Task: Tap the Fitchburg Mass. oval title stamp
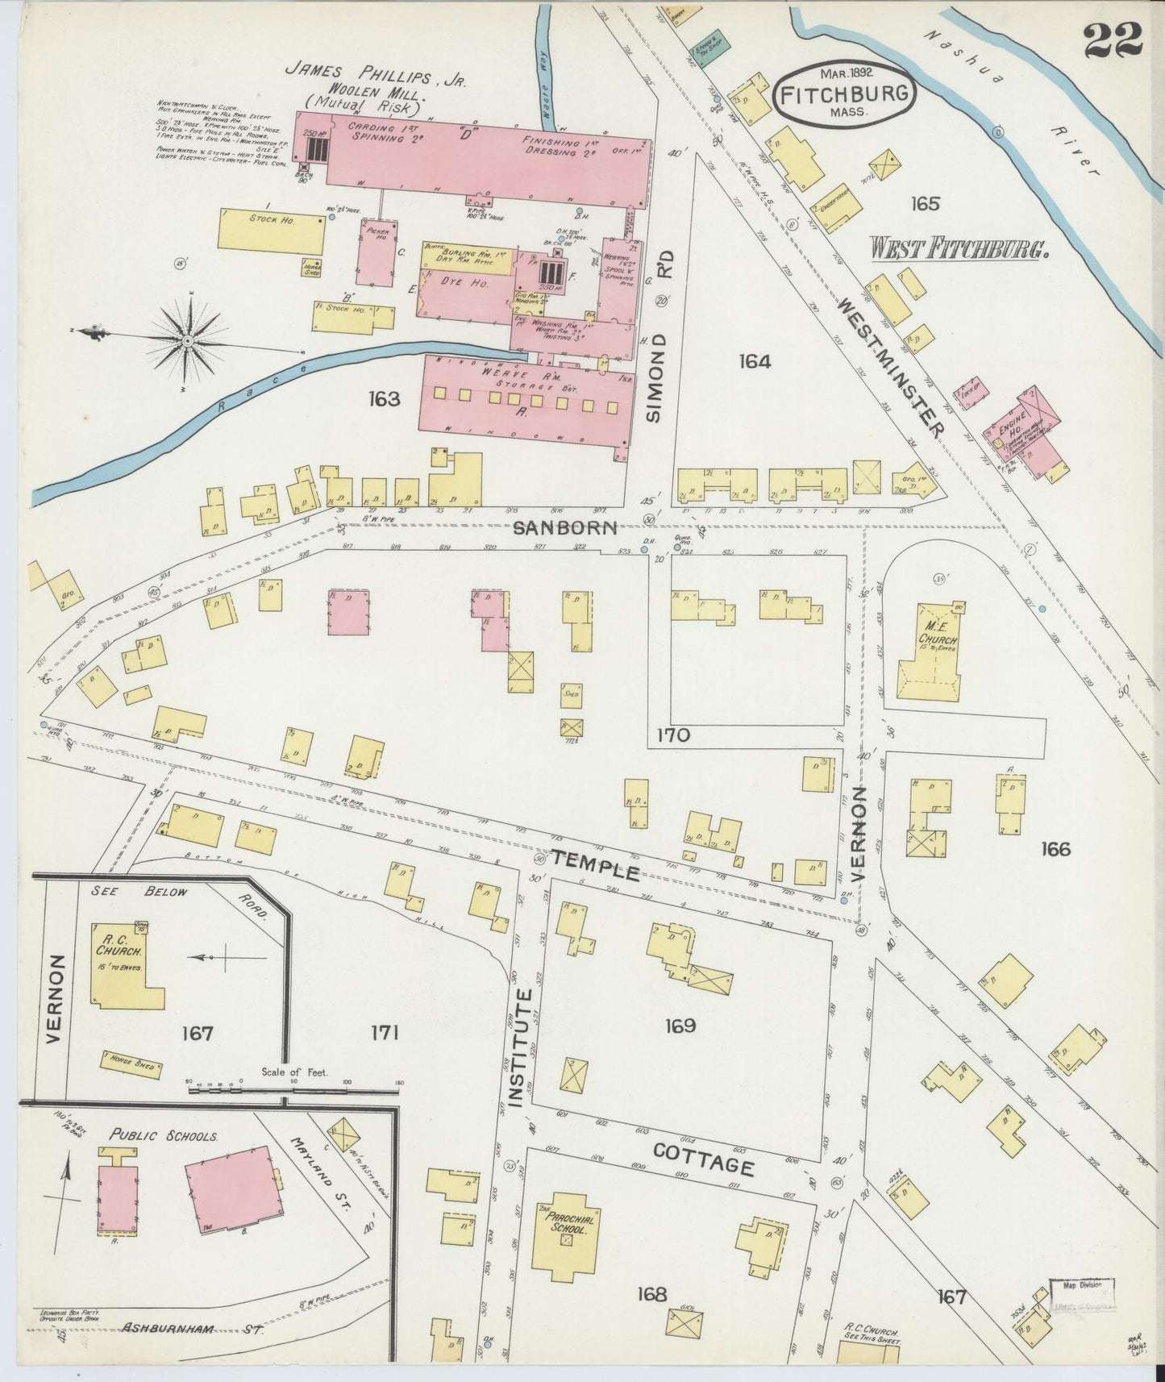(x=844, y=94)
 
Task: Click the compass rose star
(x=187, y=341)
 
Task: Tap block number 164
(x=754, y=362)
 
